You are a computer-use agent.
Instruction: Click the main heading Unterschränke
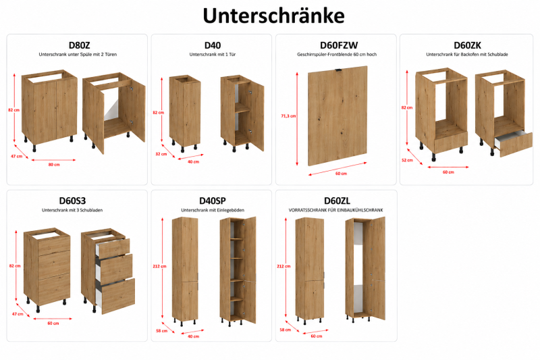point(273,16)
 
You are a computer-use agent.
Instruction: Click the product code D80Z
point(79,45)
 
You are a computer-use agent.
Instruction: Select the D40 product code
point(213,45)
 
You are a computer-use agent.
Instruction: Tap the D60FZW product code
point(339,45)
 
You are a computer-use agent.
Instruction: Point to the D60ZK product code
point(467,45)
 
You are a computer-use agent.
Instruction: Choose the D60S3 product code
point(72,201)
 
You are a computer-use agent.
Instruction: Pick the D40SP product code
point(213,201)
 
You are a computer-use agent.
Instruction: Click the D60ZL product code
point(337,201)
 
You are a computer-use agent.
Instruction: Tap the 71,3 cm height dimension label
point(288,116)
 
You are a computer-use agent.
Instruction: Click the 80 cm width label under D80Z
point(54,165)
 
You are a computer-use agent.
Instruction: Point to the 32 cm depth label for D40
point(161,154)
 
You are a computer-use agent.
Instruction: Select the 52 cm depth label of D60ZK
point(407,160)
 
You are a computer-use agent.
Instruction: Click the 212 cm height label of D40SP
point(159,266)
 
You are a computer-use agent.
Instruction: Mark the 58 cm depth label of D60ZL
point(285,330)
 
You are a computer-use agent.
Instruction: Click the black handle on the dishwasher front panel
point(339,70)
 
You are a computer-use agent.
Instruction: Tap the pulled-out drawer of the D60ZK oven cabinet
point(514,143)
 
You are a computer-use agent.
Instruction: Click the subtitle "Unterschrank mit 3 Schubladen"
point(72,210)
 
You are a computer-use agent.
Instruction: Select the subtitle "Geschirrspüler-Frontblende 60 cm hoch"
point(337,55)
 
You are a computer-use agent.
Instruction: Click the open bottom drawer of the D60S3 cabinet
point(116,296)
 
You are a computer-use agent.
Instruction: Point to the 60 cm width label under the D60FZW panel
point(341,174)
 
